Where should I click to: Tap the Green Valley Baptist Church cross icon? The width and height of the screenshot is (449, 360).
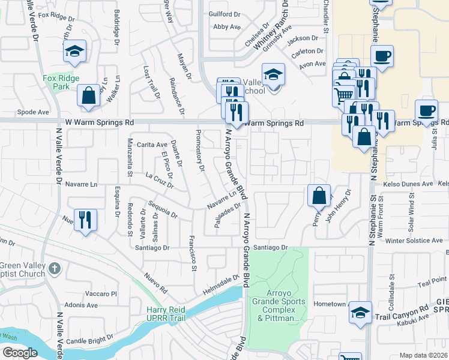[54, 268]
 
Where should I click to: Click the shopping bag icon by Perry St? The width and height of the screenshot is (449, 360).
[318, 195]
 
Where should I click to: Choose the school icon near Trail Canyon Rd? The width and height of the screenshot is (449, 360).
[360, 313]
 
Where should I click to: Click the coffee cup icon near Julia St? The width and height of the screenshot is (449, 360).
[426, 111]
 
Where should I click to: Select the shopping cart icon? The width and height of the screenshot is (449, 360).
[343, 95]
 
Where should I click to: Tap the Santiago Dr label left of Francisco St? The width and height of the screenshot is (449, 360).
[152, 247]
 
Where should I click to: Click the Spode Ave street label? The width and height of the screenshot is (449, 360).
[33, 112]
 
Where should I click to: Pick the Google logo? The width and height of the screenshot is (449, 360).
[19, 353]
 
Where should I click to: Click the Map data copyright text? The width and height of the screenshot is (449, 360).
[423, 355]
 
